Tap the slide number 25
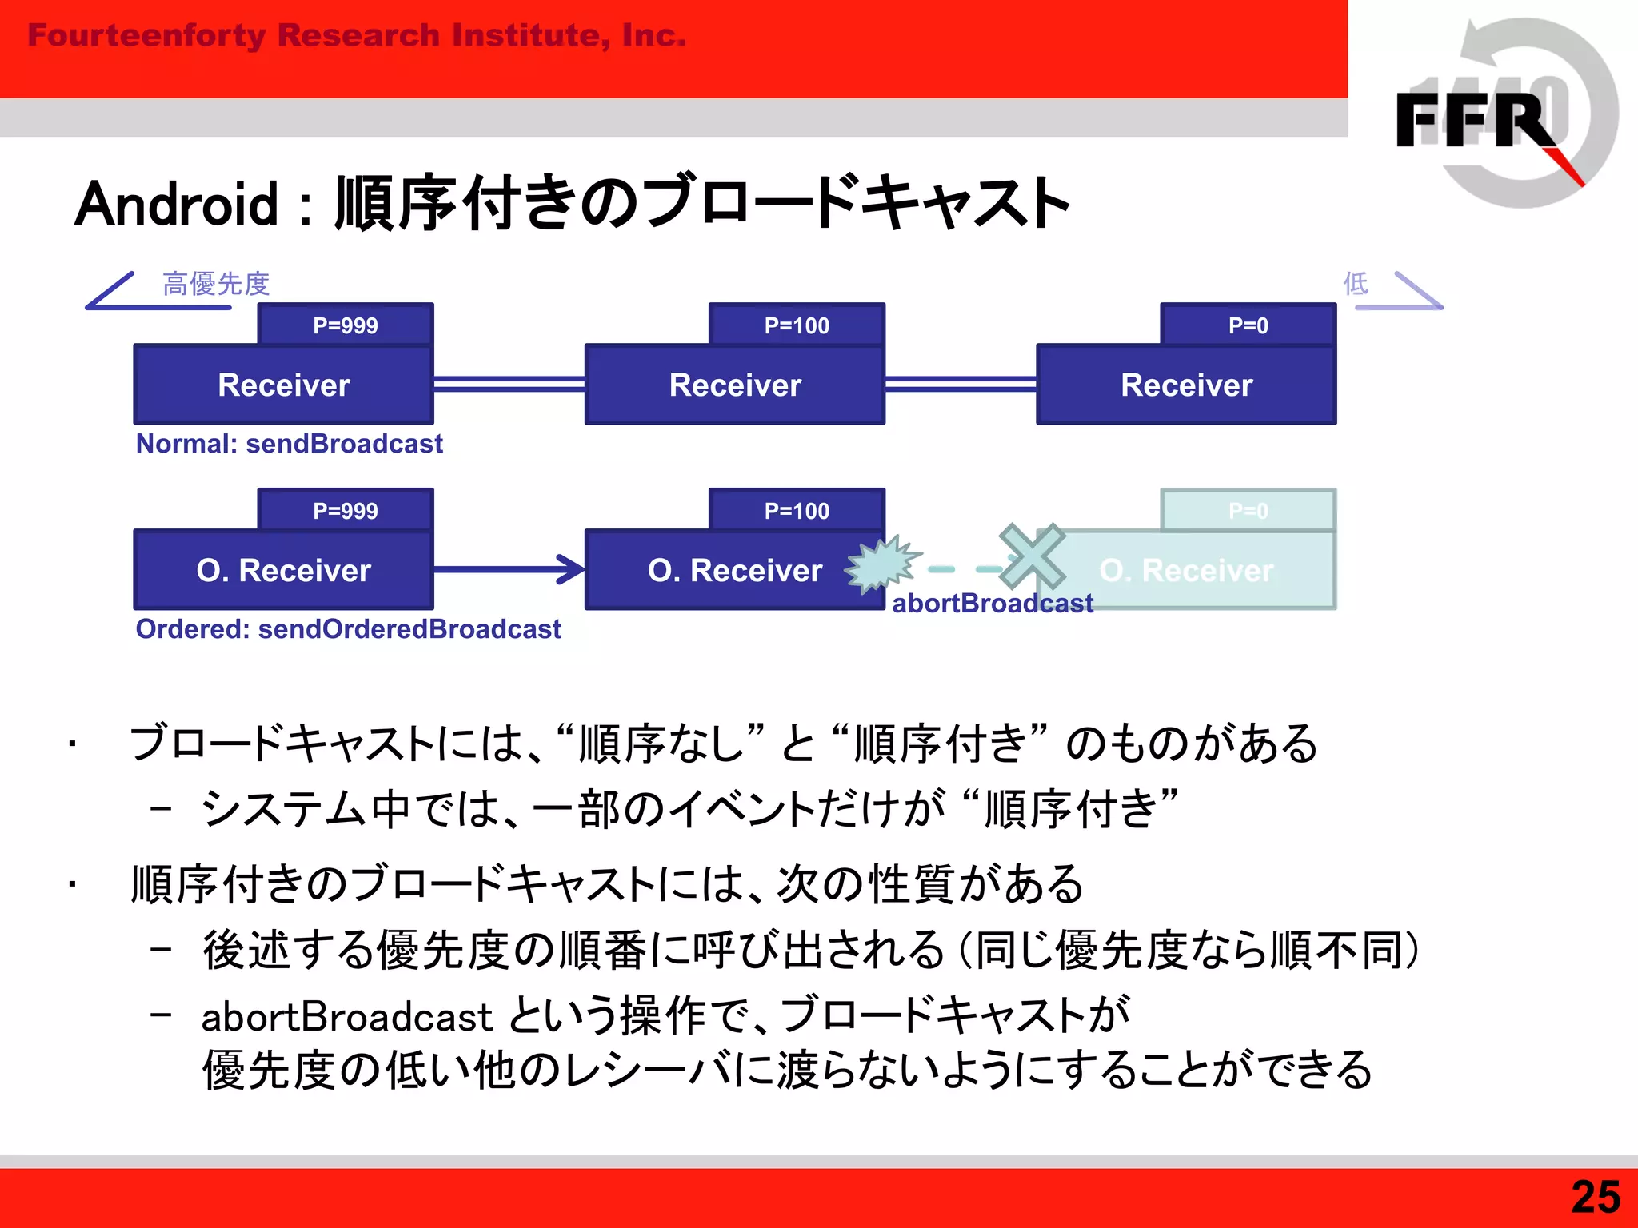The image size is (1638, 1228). pyautogui.click(x=1595, y=1198)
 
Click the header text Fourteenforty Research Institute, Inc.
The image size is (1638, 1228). pyautogui.click(x=357, y=36)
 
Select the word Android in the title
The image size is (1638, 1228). pyautogui.click(x=177, y=205)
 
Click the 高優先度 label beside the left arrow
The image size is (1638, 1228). pyautogui.click(x=216, y=284)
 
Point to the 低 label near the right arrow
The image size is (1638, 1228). pyautogui.click(x=1355, y=283)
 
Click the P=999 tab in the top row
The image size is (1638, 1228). pyautogui.click(x=345, y=325)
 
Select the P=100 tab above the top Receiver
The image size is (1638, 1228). pyautogui.click(x=797, y=325)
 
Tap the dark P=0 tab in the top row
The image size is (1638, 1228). pyautogui.click(x=1248, y=325)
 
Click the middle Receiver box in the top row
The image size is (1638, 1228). pyautogui.click(x=734, y=385)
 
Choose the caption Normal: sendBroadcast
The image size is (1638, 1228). pyautogui.click(x=289, y=444)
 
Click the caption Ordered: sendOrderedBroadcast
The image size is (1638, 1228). pyautogui.click(x=348, y=629)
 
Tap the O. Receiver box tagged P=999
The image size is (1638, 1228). pyautogui.click(x=283, y=570)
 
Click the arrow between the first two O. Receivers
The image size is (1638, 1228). pyautogui.click(x=509, y=569)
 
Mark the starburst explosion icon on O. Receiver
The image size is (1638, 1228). pyautogui.click(x=880, y=564)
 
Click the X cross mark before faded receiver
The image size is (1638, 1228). pyautogui.click(x=1032, y=556)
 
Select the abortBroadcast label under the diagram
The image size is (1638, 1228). pyautogui.click(x=992, y=604)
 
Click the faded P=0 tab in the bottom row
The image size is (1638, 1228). pyautogui.click(x=1248, y=510)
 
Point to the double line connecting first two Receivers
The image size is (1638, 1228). pyautogui.click(x=509, y=384)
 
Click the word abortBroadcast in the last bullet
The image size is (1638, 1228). pyautogui.click(x=346, y=1018)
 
